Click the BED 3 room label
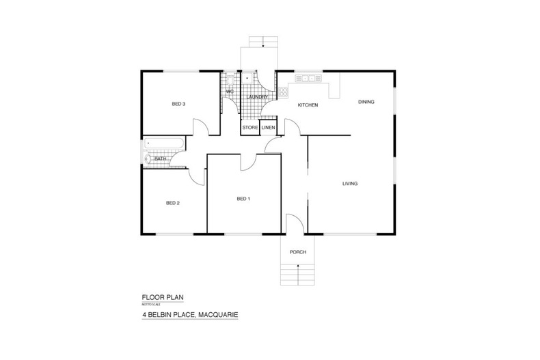tap(178, 104)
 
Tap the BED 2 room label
tap(173, 203)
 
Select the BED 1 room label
tap(243, 199)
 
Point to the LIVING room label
tap(351, 184)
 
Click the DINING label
tap(366, 102)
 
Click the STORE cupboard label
tap(249, 128)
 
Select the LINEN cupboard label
tap(268, 128)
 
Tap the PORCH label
tap(297, 252)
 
